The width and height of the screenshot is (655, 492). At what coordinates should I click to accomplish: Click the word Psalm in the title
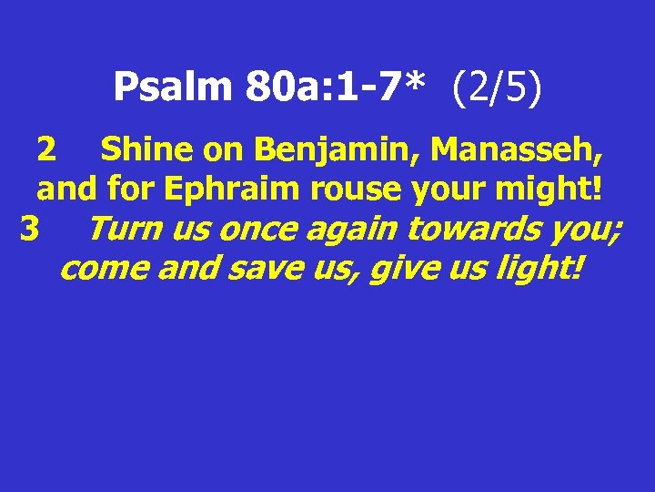coord(174,87)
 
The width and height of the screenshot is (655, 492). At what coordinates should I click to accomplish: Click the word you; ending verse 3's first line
coord(587,231)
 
